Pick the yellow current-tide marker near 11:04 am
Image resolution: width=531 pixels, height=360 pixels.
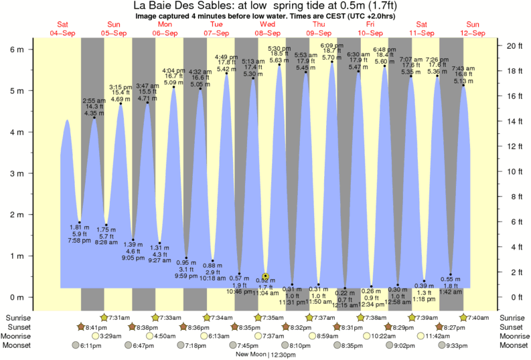click(266, 276)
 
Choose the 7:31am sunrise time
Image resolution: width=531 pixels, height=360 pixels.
click(119, 317)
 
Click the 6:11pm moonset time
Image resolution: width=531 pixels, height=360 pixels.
click(89, 346)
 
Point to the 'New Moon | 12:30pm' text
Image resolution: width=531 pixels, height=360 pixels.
click(267, 355)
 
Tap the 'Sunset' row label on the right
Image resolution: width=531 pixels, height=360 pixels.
click(514, 327)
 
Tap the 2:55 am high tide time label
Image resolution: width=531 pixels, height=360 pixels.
click(94, 100)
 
